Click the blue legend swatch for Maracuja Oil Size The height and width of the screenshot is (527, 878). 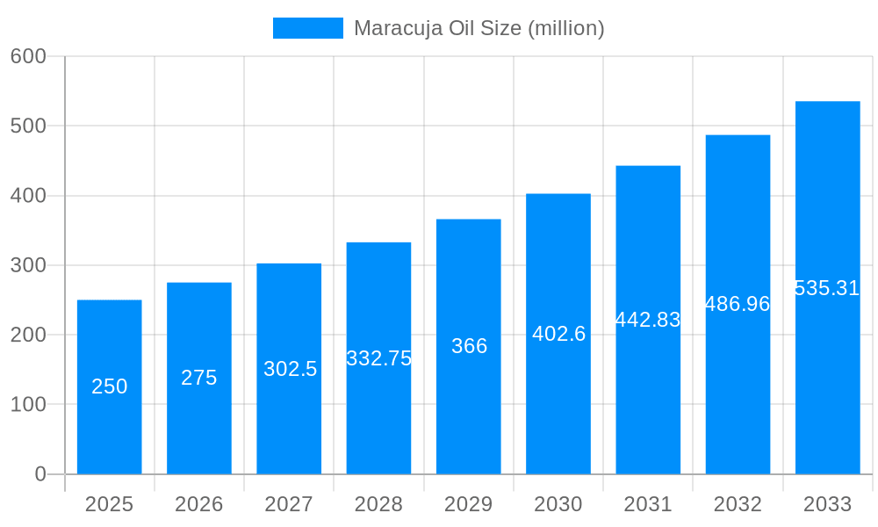[x=307, y=28]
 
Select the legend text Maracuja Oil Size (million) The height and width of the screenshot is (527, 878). [x=479, y=28]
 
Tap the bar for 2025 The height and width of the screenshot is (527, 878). [x=110, y=422]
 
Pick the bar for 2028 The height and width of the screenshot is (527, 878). [x=378, y=413]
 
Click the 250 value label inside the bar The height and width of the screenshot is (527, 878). [x=110, y=386]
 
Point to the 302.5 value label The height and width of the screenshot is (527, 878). [x=290, y=369]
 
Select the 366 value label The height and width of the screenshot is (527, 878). [x=469, y=346]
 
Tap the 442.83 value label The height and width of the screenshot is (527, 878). [x=648, y=320]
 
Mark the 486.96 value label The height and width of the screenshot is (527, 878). [x=738, y=304]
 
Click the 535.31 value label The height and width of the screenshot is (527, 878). [x=827, y=288]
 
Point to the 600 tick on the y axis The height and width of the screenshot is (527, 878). [x=28, y=56]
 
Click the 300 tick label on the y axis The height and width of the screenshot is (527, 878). [x=28, y=265]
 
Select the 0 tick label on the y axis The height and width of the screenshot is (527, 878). [x=40, y=474]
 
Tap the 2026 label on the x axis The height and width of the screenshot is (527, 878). [x=199, y=504]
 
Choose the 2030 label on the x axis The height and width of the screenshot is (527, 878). [x=558, y=504]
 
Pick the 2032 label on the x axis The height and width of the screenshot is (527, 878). [x=738, y=504]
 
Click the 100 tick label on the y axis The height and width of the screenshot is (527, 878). [x=28, y=405]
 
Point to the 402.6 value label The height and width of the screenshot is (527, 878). [x=558, y=334]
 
